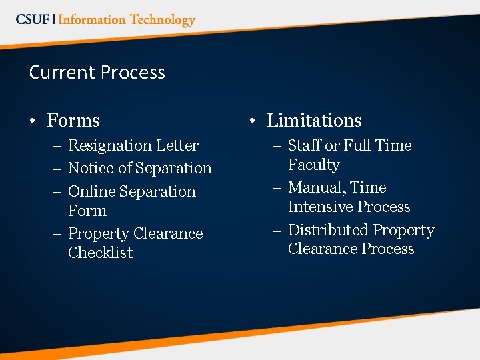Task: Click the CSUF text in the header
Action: coord(32,19)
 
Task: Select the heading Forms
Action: coord(73,121)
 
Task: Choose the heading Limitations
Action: coord(314,121)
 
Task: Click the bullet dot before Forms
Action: coord(33,121)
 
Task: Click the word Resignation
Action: coord(110,145)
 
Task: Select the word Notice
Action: coord(89,168)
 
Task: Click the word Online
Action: coord(91,191)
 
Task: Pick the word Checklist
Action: coord(101,253)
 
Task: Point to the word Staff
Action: coord(304,145)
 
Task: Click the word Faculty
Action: coord(314,165)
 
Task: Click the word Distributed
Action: coord(328,230)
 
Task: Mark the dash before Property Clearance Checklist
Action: coord(56,234)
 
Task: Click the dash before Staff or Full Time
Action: coord(276,146)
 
